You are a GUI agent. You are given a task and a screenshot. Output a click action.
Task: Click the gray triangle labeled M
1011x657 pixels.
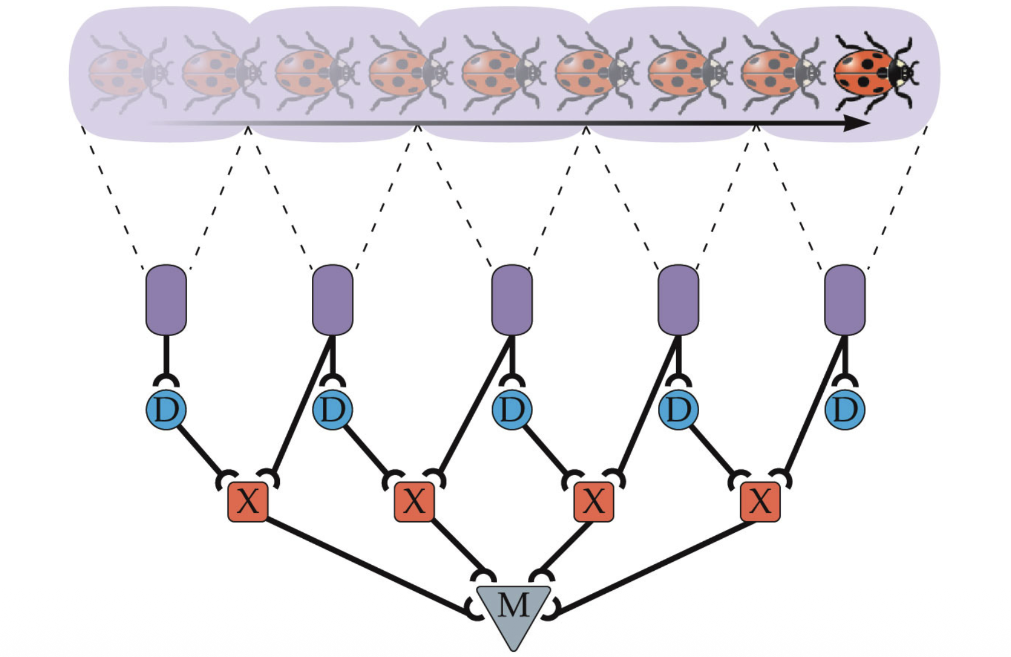pos(513,612)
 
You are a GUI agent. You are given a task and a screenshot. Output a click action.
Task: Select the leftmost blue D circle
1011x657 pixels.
pos(166,409)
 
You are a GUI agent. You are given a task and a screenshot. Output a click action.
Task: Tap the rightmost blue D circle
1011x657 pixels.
pos(844,409)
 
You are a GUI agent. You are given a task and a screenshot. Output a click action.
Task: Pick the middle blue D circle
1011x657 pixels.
pos(512,409)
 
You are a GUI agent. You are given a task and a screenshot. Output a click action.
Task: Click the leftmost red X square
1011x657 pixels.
pos(248,502)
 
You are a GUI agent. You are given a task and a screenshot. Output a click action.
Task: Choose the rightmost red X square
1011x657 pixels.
pos(760,502)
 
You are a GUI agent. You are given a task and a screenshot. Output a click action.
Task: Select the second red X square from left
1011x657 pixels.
pos(414,502)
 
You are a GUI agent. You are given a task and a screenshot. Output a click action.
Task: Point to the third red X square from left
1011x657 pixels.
pos(593,502)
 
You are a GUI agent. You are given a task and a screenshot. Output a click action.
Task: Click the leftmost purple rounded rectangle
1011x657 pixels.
pos(166,300)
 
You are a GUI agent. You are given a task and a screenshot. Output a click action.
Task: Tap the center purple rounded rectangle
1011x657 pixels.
pos(512,300)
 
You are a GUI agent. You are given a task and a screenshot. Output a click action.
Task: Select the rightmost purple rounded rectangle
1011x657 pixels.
pos(844,300)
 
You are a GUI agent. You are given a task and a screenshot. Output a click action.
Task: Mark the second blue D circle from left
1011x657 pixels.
pos(332,409)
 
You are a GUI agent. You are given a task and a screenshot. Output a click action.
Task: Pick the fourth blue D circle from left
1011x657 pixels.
pos(678,409)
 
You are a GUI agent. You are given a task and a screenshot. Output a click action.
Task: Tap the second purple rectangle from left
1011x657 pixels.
pos(332,300)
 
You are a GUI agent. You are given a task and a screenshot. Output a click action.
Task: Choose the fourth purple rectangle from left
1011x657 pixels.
pos(678,300)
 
